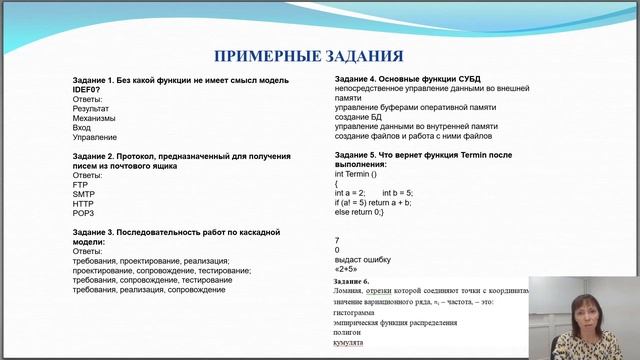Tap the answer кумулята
pos(350,343)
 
